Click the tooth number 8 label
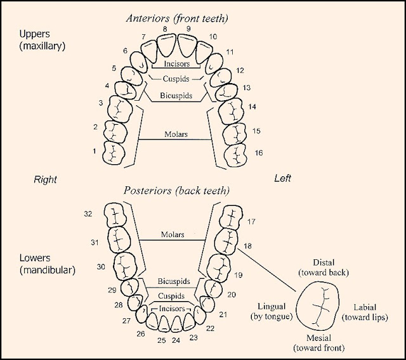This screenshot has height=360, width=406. [x=165, y=29]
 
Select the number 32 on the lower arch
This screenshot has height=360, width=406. [x=88, y=214]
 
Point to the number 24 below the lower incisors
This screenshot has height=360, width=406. [x=176, y=340]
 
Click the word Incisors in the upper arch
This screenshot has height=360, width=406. [x=176, y=64]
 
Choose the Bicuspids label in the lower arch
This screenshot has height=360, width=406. [x=176, y=281]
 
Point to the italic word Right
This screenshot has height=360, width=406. [x=45, y=179]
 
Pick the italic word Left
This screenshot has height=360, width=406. [x=282, y=179]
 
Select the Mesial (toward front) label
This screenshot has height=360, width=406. [x=317, y=344]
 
